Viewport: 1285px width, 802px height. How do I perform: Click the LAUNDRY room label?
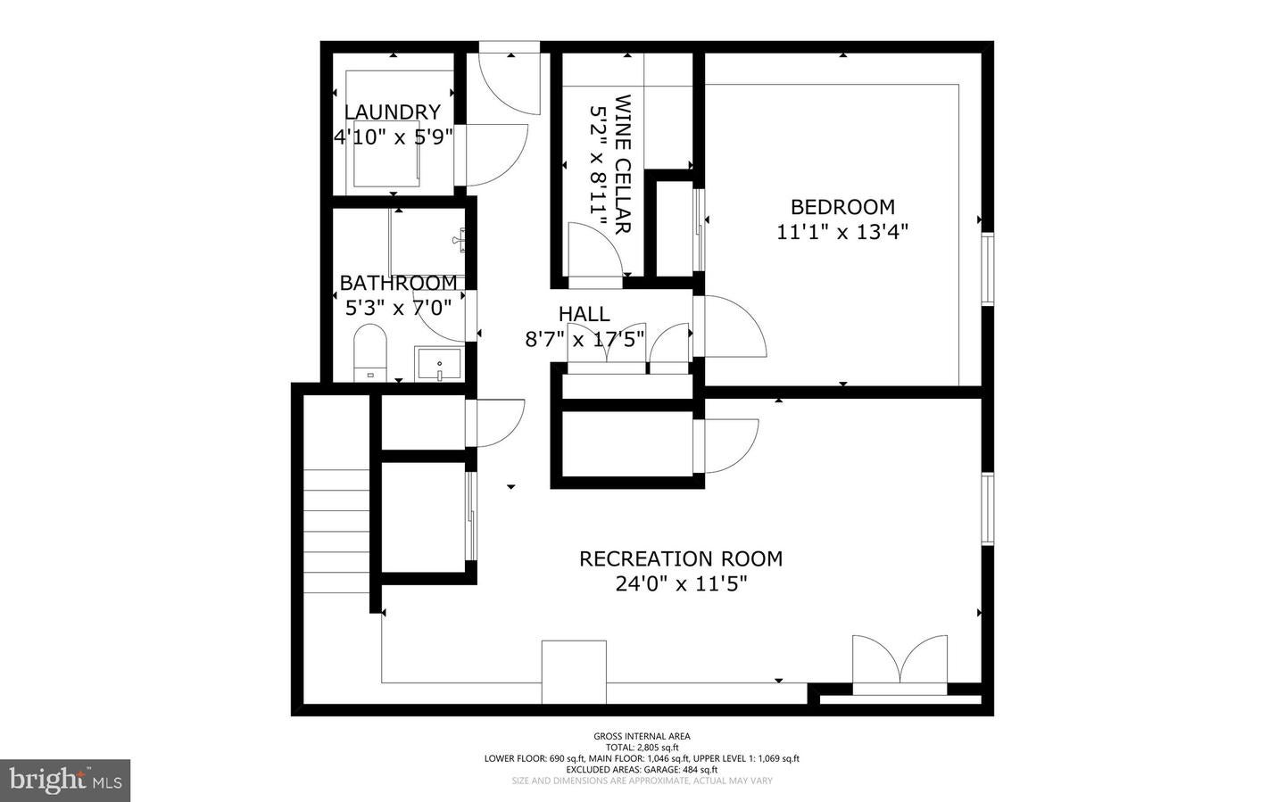(x=393, y=112)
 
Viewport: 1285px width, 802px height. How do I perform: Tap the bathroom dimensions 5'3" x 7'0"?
(x=398, y=308)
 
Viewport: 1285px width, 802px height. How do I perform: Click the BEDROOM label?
(x=842, y=207)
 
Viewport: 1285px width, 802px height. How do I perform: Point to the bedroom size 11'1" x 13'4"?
(x=842, y=232)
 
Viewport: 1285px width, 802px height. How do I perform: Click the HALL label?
(x=584, y=314)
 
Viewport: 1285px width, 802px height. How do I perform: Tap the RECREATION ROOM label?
(x=681, y=559)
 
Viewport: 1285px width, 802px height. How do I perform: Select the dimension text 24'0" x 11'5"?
(x=681, y=584)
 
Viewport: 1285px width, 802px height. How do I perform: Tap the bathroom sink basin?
(x=439, y=364)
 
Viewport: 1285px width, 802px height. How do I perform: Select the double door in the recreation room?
(x=899, y=665)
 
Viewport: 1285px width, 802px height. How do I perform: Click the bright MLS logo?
(x=65, y=781)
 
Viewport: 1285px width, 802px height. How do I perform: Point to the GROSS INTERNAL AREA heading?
(x=642, y=736)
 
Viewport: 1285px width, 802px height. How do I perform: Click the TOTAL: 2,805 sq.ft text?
(x=642, y=748)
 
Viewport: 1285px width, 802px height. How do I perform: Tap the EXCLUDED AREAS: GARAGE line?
(x=642, y=769)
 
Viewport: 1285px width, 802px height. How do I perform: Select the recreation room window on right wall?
(x=988, y=508)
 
